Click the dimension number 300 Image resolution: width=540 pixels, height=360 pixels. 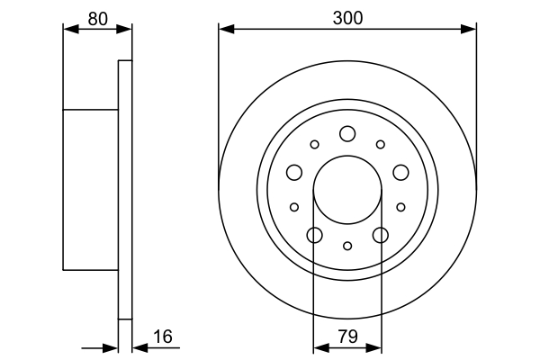click(347, 15)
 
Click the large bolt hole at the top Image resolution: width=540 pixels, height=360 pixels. click(347, 134)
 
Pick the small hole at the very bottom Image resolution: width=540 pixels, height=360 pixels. click(347, 246)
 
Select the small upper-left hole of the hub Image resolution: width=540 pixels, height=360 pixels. click(314, 144)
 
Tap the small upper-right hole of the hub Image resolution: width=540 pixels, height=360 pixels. click(381, 144)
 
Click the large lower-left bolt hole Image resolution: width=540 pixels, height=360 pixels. click(314, 236)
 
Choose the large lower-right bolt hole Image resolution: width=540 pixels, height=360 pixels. click(381, 236)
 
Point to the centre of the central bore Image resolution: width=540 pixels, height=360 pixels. click(347, 190)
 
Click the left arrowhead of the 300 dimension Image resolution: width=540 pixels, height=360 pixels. click(225, 29)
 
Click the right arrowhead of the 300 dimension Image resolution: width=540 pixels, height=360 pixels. click(469, 29)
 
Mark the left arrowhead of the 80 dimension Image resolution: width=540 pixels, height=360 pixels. click(69, 29)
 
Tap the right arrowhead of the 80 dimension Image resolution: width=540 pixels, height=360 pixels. click(125, 29)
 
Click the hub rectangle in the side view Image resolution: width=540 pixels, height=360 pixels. click(90, 189)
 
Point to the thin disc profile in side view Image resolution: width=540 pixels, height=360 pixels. click(125, 189)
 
